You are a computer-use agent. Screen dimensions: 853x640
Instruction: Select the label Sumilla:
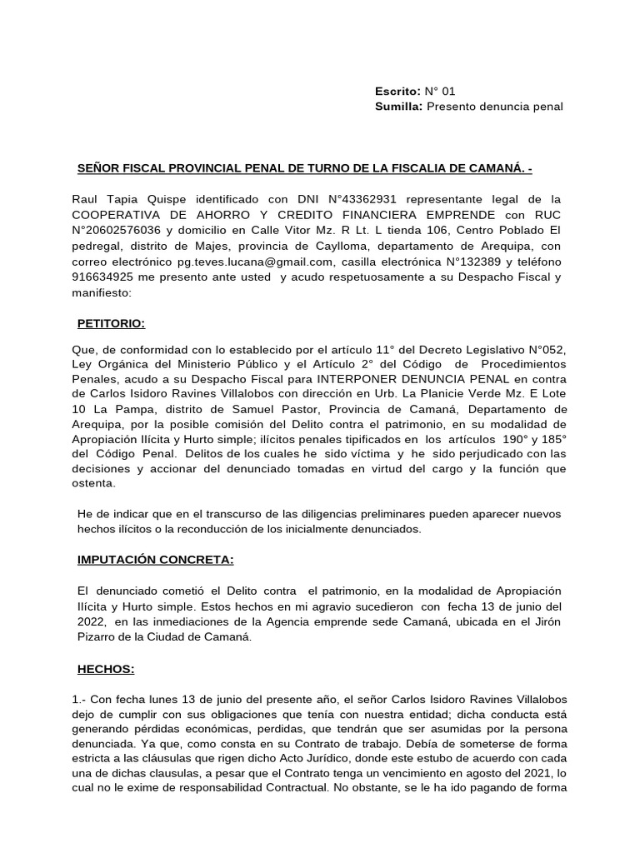click(400, 107)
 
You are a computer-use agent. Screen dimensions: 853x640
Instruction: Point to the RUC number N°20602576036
click(122, 231)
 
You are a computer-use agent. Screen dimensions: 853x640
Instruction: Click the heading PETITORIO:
click(111, 322)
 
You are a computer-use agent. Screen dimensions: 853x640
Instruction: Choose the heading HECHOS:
click(106, 669)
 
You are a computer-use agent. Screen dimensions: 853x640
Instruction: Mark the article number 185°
click(551, 439)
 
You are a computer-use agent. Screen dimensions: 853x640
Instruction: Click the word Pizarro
click(97, 638)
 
